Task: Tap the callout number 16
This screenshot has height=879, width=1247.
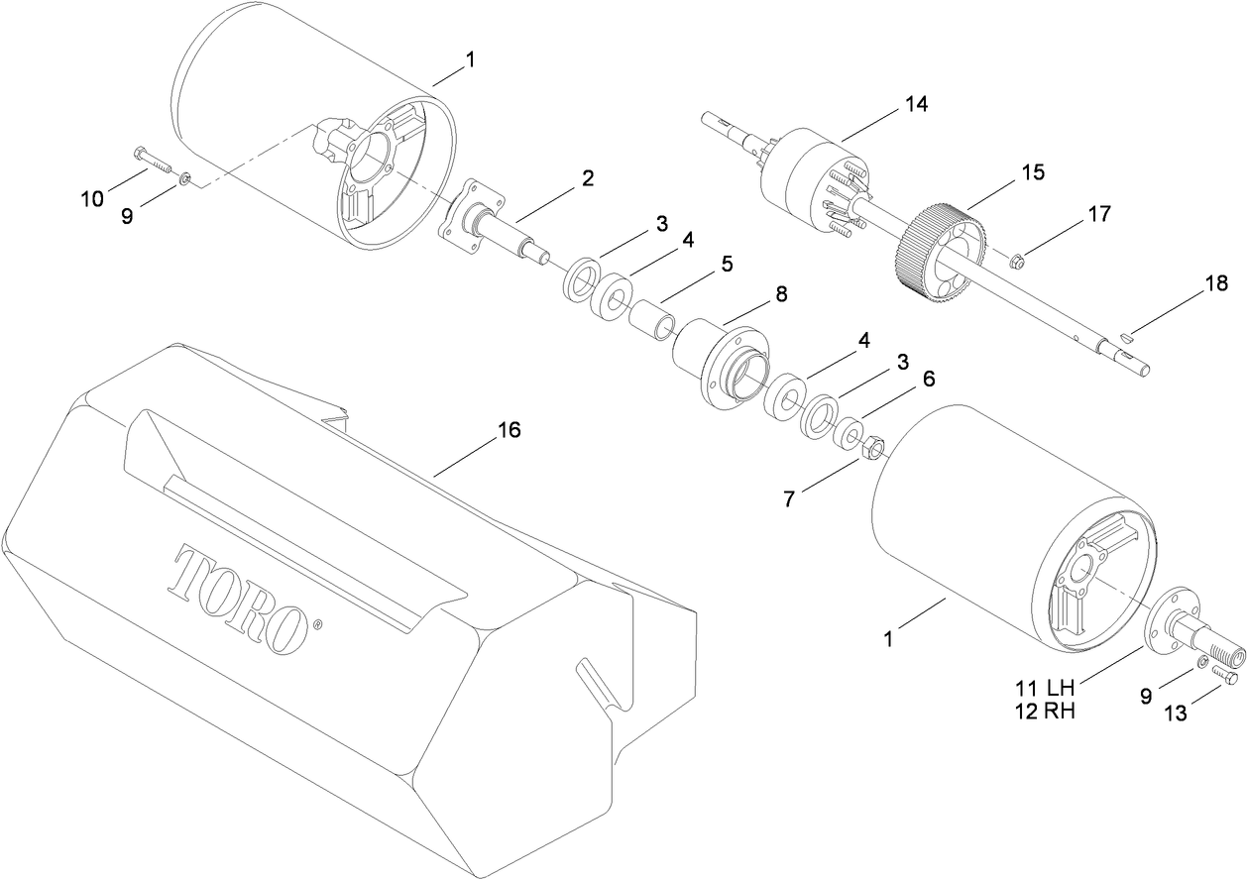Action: (x=509, y=429)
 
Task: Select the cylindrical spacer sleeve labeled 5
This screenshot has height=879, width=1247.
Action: (x=652, y=319)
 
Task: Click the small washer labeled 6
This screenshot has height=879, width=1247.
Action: (x=848, y=433)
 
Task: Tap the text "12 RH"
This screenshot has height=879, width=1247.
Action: (x=1045, y=712)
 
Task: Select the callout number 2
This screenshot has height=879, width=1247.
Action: (x=587, y=178)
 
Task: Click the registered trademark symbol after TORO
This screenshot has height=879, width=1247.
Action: (x=317, y=625)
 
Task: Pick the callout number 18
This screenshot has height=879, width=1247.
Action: (x=1216, y=283)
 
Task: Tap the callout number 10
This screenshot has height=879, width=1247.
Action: (x=92, y=199)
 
